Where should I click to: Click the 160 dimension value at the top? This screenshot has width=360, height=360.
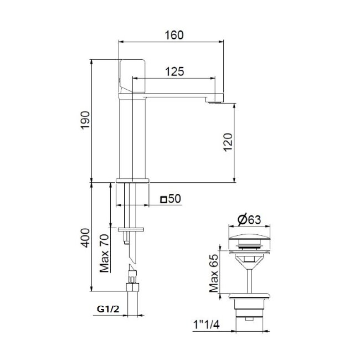point(174,34)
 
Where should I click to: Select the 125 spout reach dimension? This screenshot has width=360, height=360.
point(174,71)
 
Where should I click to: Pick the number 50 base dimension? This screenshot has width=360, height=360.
point(175,199)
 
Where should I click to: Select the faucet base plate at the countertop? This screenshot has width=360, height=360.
point(133,180)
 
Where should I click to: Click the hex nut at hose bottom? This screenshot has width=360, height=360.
point(132,288)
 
